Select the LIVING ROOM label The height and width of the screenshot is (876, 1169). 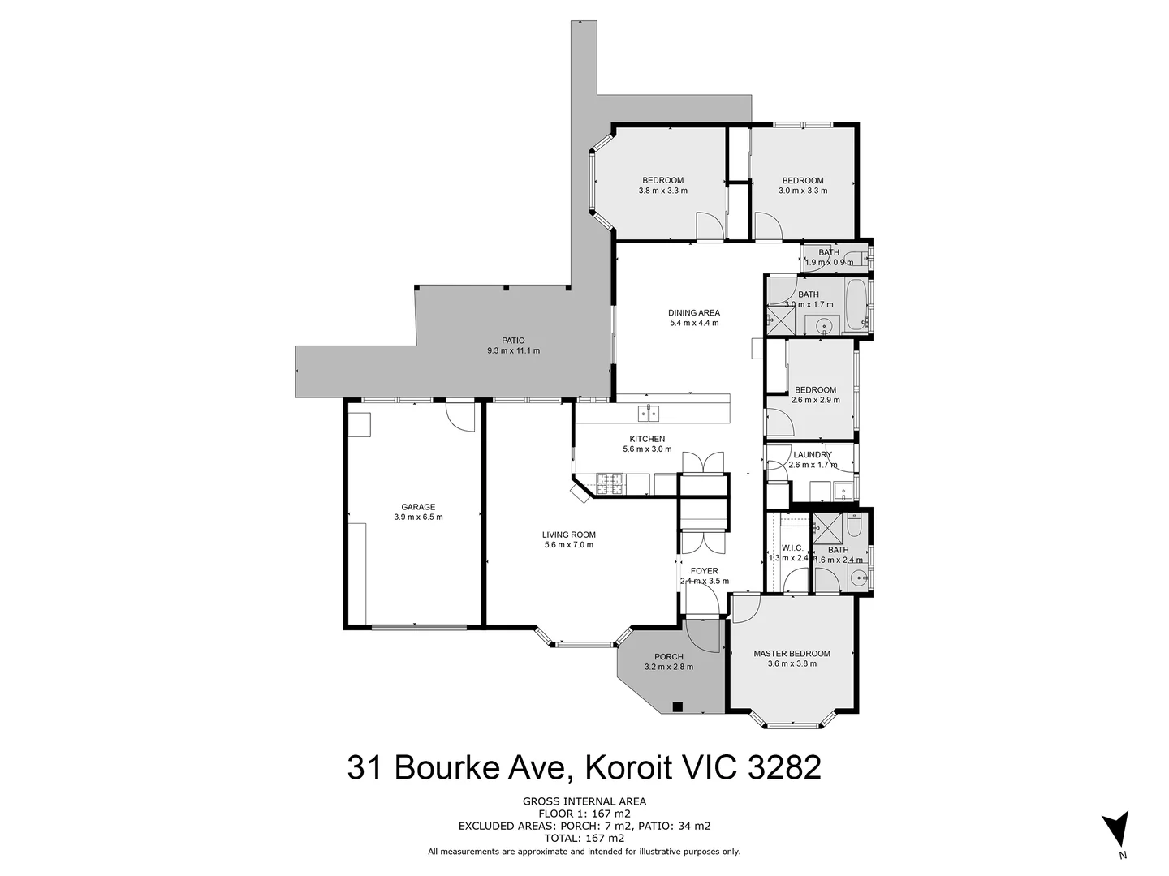click(569, 535)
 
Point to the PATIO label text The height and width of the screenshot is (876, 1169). click(512, 341)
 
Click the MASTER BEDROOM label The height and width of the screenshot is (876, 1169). click(792, 654)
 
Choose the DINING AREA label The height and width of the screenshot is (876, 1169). click(693, 313)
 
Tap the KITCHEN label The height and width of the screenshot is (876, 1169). click(647, 439)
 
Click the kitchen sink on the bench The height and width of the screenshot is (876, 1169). click(648, 414)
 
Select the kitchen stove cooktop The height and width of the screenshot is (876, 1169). click(610, 484)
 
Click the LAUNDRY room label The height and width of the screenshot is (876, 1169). click(812, 455)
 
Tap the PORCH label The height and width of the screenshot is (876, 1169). click(668, 657)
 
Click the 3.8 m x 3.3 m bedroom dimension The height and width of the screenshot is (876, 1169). click(662, 191)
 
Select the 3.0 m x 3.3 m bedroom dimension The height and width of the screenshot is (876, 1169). click(802, 191)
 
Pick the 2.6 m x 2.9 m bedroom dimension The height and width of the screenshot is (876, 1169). click(815, 400)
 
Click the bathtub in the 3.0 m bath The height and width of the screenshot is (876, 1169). click(856, 305)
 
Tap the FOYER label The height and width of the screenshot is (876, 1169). click(704, 571)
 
